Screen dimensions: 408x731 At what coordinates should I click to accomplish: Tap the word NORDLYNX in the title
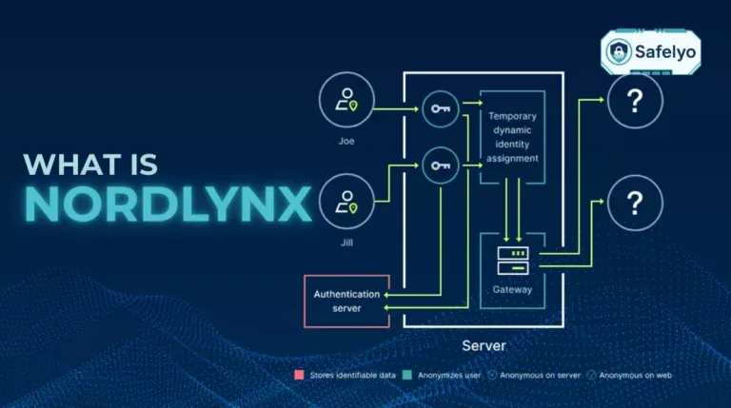point(168,204)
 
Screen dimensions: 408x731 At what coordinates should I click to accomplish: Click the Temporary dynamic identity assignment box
point(513,137)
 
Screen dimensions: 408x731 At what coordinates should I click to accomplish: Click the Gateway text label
point(513,289)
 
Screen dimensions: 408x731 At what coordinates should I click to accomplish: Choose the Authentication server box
point(346,301)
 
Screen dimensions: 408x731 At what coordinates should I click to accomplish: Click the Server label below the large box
point(484,345)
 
